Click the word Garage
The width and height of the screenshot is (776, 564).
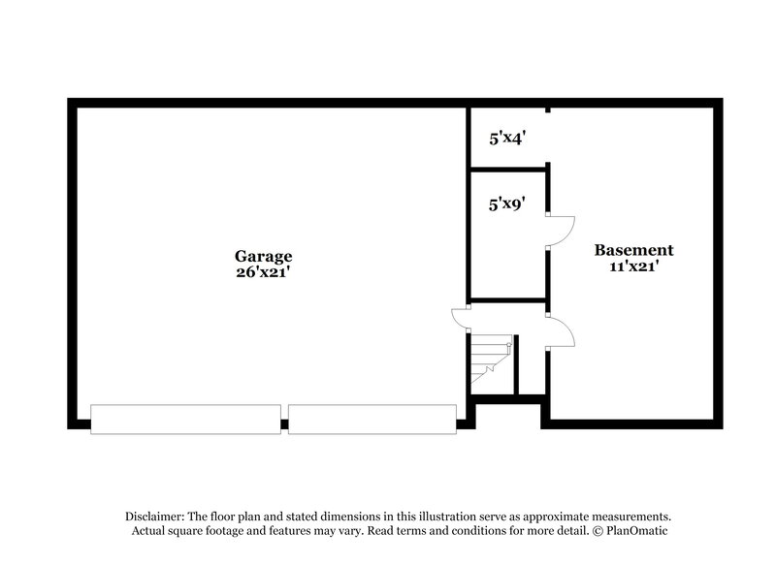click(x=263, y=257)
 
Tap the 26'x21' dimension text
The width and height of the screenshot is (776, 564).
click(x=263, y=273)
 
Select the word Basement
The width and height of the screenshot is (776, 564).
click(x=633, y=250)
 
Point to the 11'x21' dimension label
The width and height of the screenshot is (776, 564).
click(x=633, y=266)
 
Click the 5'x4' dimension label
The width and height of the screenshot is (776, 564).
click(x=506, y=139)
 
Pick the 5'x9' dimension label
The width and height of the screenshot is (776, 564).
click(x=506, y=204)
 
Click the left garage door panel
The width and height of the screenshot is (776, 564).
click(x=185, y=419)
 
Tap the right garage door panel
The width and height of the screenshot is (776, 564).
click(x=372, y=419)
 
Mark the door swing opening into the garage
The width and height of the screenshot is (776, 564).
click(x=459, y=320)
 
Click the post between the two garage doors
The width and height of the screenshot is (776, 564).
click(x=284, y=423)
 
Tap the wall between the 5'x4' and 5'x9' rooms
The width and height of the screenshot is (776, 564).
click(x=508, y=170)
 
